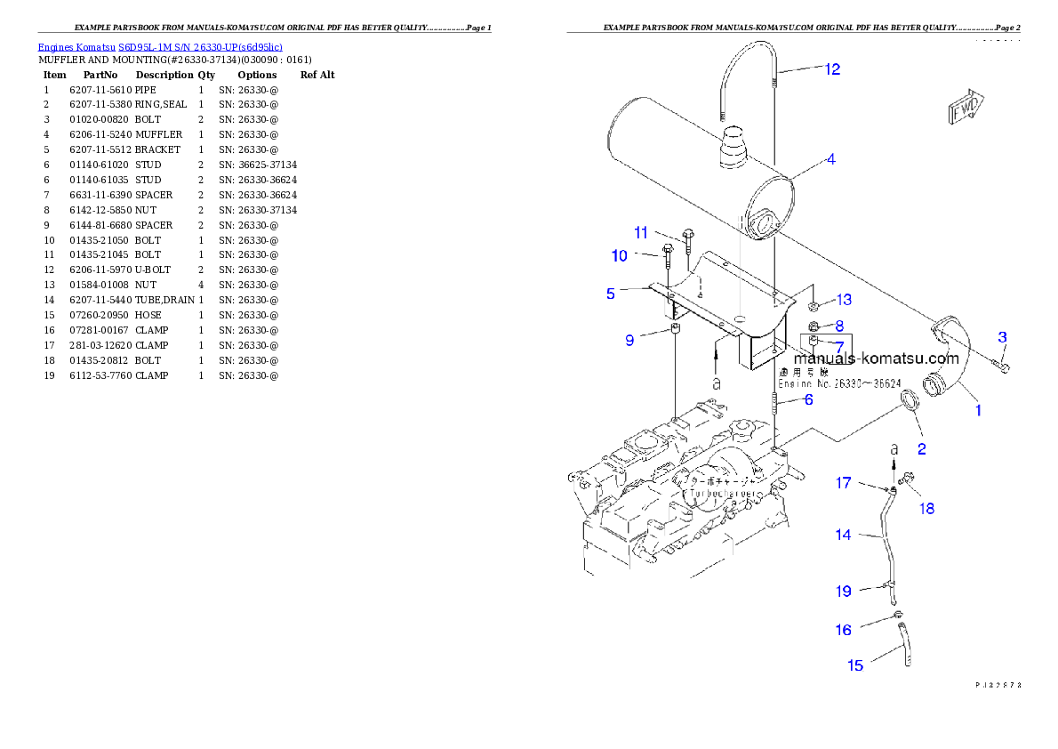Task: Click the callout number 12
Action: pos(831,69)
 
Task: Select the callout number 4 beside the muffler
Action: pos(830,160)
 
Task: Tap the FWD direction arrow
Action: pos(965,107)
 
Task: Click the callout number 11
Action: pos(641,233)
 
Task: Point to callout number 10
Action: pos(619,256)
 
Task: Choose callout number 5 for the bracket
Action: pos(611,294)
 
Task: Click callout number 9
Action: pos(629,340)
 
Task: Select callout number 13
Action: pos(844,300)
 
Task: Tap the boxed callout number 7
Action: pos(838,345)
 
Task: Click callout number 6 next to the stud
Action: pos(808,400)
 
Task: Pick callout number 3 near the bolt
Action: pos(1002,337)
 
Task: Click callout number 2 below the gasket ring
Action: pos(921,449)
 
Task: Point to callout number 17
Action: pos(842,483)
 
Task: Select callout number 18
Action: pos(926,509)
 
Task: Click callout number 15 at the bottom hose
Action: pos(855,665)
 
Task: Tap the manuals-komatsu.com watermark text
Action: pos(870,359)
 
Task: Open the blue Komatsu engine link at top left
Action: pos(160,47)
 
